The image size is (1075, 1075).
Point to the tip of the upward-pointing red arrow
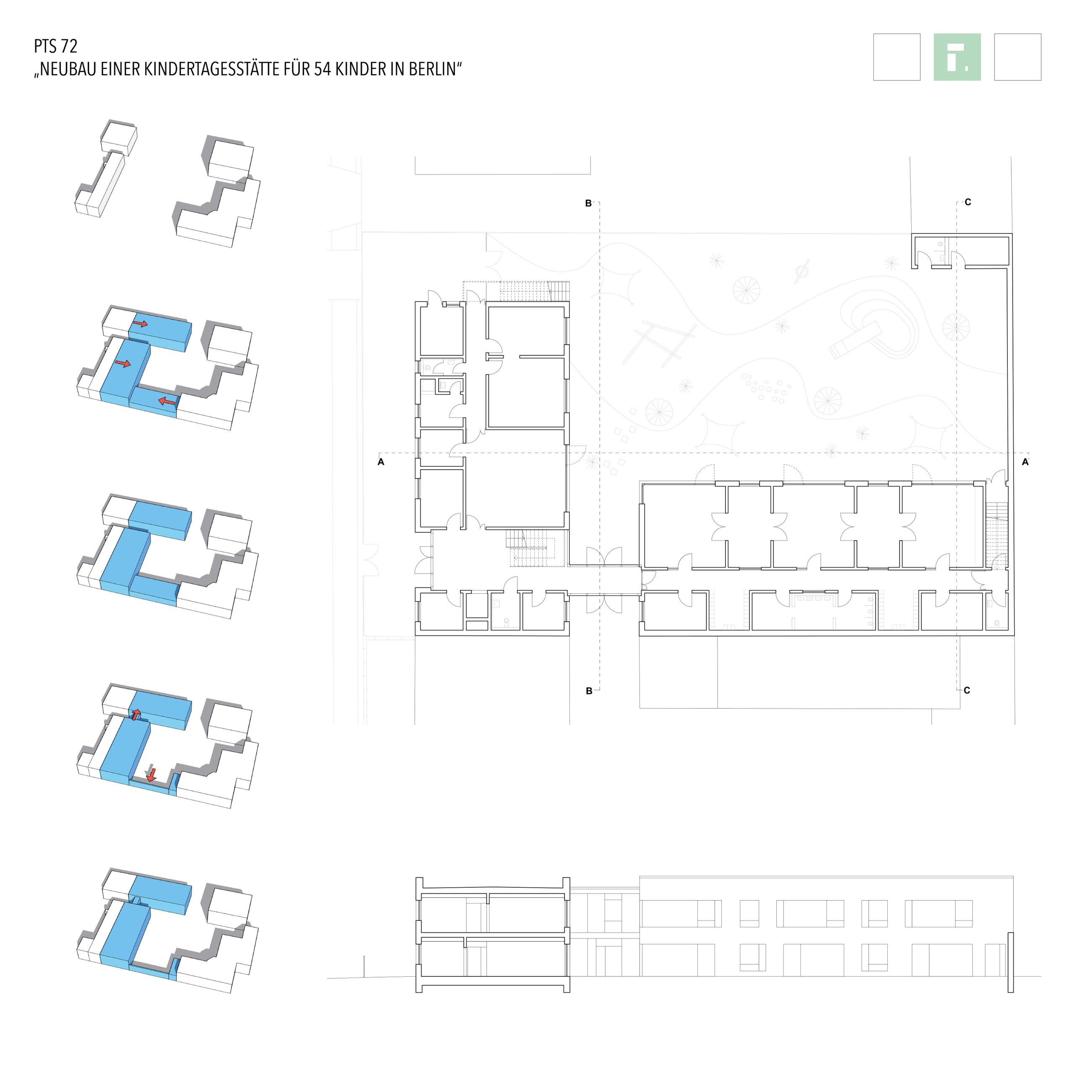click(x=135, y=709)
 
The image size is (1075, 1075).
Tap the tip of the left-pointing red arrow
click(x=159, y=399)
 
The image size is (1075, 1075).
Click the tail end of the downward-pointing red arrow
click(x=151, y=768)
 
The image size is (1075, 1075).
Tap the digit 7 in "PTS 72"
click(x=65, y=46)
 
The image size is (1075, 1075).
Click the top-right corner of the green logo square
click(x=981, y=34)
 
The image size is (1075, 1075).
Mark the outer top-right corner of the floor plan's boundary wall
click(x=1012, y=234)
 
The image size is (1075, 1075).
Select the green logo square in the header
click(x=957, y=57)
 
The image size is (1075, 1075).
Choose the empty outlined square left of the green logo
click(x=897, y=57)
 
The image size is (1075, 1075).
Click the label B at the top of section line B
click(x=588, y=204)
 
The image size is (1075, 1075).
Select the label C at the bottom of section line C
click(x=967, y=690)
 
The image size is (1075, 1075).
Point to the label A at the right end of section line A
click(x=1025, y=461)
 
